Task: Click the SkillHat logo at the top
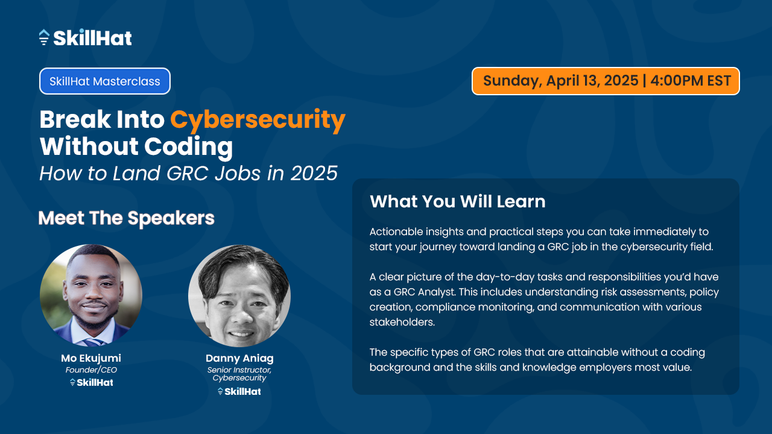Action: coord(85,37)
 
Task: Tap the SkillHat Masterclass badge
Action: coord(105,81)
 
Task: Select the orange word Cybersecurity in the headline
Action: coord(258,119)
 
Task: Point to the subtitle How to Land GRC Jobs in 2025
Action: coord(188,173)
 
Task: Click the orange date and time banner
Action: coord(606,81)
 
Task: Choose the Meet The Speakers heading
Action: coord(127,218)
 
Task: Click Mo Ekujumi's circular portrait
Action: coord(91,295)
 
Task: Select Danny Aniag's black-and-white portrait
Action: coord(239,296)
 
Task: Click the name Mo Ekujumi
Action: coord(91,358)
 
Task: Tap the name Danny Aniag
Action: coord(239,359)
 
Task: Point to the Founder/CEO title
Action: coord(91,370)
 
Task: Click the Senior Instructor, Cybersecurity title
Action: coord(239,374)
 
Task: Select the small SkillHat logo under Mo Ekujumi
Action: coord(91,382)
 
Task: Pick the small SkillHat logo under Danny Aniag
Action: coord(239,391)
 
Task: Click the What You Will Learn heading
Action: coord(457,201)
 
